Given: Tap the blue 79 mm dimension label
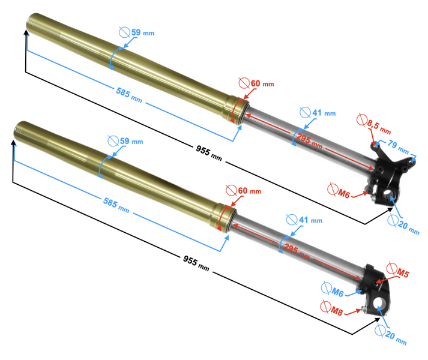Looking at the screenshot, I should (x=397, y=146).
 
